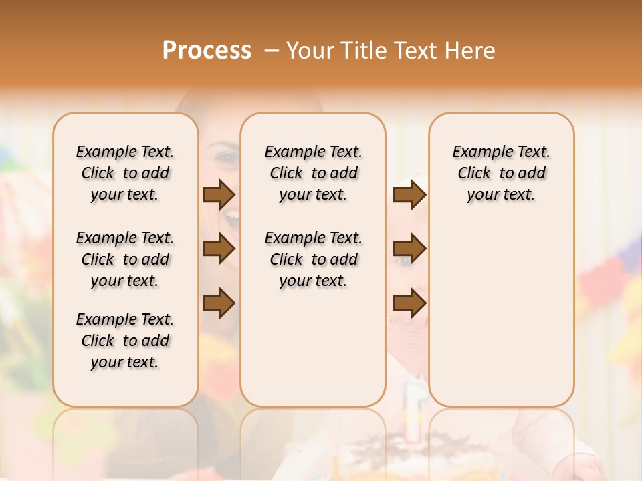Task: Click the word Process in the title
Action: tap(207, 50)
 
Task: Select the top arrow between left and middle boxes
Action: tap(219, 194)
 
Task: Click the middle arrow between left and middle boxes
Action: tap(219, 249)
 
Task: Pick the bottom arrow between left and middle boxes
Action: tap(219, 303)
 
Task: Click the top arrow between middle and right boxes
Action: tap(409, 194)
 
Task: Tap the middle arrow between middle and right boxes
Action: tap(409, 249)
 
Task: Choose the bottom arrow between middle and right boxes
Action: tap(409, 303)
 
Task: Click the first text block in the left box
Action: tap(125, 173)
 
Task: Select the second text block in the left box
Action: tap(125, 259)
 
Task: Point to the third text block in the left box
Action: tap(125, 341)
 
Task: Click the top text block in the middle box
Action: tap(313, 173)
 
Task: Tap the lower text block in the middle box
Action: tap(313, 259)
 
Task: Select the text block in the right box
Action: tap(501, 173)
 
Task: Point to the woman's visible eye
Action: tap(226, 159)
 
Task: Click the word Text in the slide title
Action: tap(416, 50)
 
